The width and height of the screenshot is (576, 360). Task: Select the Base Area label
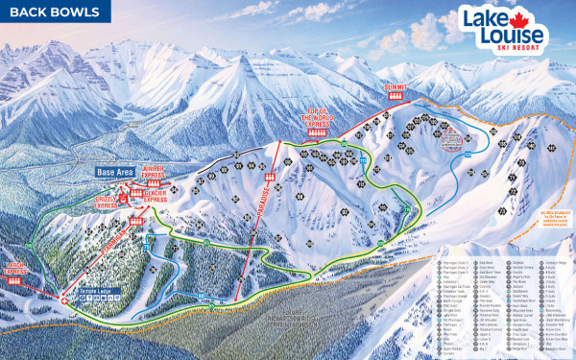coord(116,172)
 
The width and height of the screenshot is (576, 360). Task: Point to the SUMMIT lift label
coord(396,87)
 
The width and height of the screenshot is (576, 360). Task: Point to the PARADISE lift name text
coord(260,225)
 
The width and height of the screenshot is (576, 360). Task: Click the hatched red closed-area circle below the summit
coord(456,142)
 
